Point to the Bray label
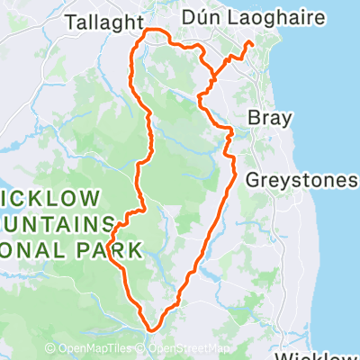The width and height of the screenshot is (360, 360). (267, 118)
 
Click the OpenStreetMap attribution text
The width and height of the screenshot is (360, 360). (188, 349)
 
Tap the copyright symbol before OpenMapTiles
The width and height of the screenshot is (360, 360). (51, 349)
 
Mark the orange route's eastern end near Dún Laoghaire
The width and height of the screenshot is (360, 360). (249, 44)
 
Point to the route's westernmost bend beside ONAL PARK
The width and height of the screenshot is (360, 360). (109, 245)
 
